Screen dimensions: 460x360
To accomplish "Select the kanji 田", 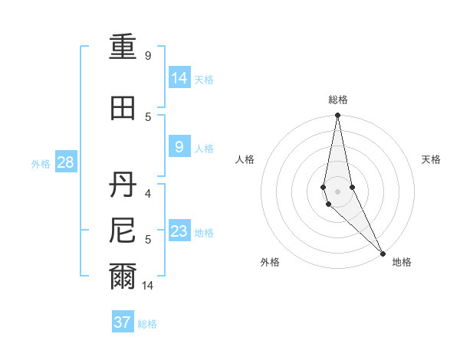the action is point(123,108).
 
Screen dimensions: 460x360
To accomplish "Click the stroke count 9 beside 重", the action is point(148,56).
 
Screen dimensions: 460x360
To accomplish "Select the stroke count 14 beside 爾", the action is point(149,286).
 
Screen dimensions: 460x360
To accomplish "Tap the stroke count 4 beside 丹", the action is point(148,185).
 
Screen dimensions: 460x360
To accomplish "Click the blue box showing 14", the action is point(179,77).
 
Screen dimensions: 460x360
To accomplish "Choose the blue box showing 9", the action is point(179,147).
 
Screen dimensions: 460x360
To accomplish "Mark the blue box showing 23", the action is point(179,231).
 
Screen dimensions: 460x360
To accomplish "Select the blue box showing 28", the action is point(65,162).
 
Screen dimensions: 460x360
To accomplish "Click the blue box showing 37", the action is point(123,322).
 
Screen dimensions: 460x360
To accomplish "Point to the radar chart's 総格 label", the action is point(338,100).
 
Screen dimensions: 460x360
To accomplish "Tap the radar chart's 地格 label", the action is point(402,262).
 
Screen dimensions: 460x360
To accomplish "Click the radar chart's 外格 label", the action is point(270,262).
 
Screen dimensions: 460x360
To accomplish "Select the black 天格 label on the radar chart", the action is point(431,159).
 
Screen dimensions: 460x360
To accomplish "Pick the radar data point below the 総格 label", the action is point(337,116).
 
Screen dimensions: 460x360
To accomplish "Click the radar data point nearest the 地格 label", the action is point(383,253).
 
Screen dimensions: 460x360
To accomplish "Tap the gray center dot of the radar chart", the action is point(337,191).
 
